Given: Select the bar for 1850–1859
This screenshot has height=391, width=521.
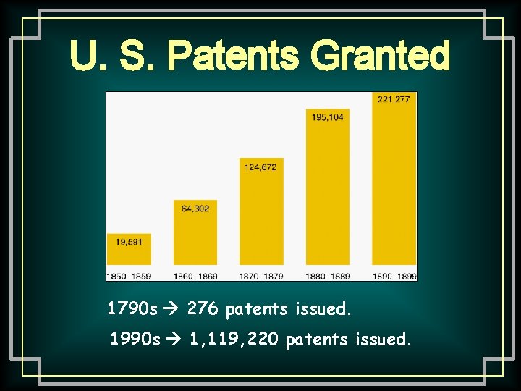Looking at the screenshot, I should [129, 249].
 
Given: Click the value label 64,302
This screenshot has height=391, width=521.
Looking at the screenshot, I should [195, 209].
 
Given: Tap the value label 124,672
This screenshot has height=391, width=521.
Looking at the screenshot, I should [261, 167].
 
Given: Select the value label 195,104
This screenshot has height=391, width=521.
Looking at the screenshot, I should [328, 117].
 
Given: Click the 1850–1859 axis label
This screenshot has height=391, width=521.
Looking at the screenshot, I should [129, 275].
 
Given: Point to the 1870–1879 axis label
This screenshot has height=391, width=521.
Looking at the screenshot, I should [261, 275].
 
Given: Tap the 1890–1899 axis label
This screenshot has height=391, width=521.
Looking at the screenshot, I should [394, 275].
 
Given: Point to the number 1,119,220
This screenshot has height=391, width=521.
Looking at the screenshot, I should [234, 339].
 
